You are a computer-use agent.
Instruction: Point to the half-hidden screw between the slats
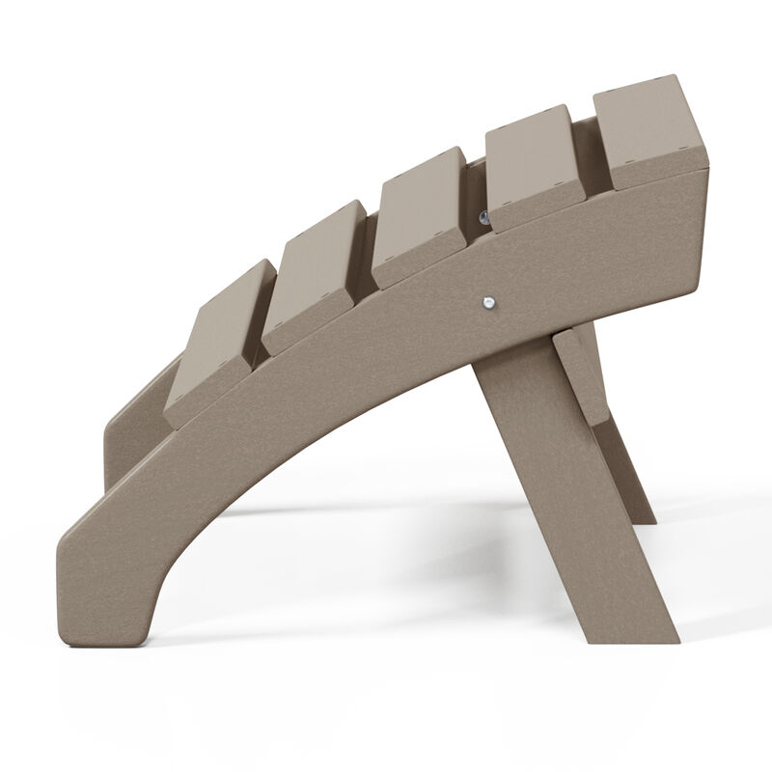(x=482, y=218)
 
